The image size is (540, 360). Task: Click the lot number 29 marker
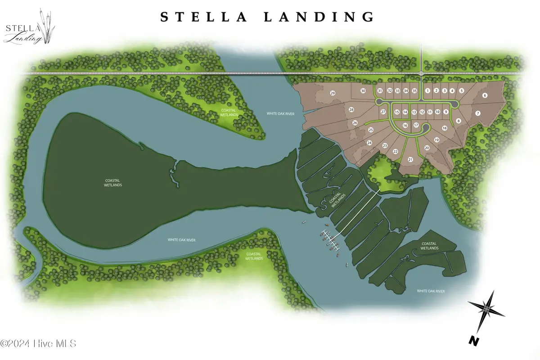click(x=333, y=93)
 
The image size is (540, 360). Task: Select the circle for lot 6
click(x=485, y=95)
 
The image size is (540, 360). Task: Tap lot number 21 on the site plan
click(x=410, y=159)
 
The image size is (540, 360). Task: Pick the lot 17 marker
click(x=416, y=125)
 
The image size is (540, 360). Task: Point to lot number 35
click(x=414, y=90)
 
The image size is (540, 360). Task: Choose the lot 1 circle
click(x=427, y=90)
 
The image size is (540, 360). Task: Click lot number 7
click(x=478, y=113)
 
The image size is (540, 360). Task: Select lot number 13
click(x=414, y=112)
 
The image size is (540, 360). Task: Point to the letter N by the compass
click(x=473, y=341)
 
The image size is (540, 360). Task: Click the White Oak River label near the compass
click(x=430, y=291)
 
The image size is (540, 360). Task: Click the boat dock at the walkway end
click(x=330, y=239)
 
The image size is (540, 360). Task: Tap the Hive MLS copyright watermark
click(x=38, y=343)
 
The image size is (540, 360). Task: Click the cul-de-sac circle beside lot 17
click(x=425, y=130)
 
